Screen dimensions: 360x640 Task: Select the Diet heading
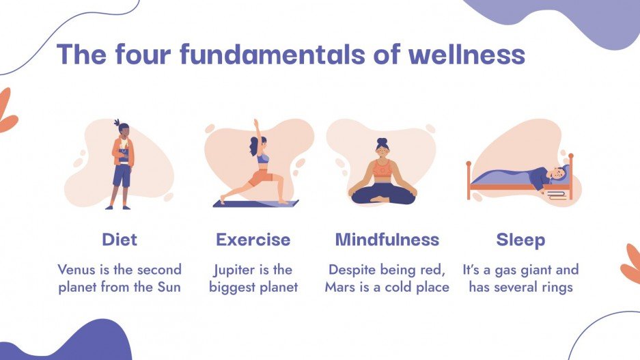tap(120, 240)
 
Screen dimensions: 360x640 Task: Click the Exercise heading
tap(253, 240)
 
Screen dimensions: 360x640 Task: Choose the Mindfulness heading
tap(387, 240)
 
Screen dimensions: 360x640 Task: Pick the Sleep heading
tap(520, 240)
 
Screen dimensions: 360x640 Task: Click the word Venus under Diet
tap(77, 269)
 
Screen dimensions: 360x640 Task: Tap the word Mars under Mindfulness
tap(339, 287)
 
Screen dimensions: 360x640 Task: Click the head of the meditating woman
tap(382, 147)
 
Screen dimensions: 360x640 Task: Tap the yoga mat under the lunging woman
tap(255, 203)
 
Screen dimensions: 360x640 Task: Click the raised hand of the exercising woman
tap(256, 124)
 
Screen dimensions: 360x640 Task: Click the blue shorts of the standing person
tap(122, 176)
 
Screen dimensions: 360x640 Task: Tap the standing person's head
tap(122, 129)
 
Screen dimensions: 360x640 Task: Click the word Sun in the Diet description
tap(168, 287)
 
